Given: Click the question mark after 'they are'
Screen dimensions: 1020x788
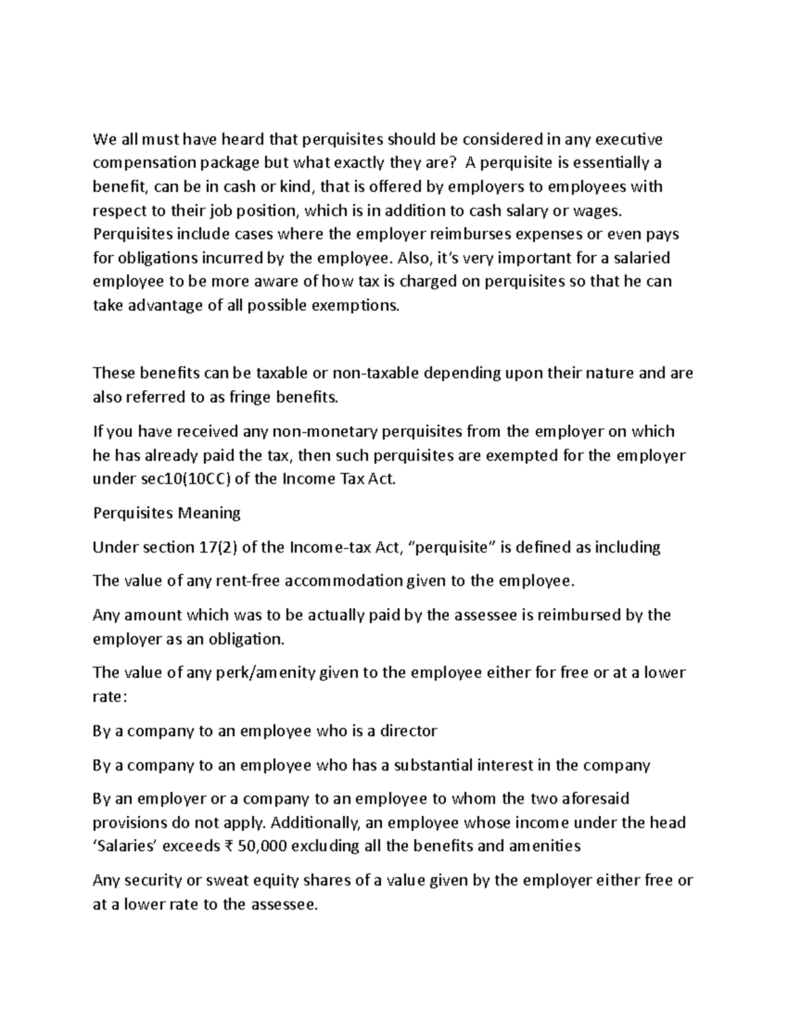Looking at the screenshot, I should point(454,163).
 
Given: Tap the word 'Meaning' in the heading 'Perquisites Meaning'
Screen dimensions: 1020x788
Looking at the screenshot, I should point(211,513).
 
